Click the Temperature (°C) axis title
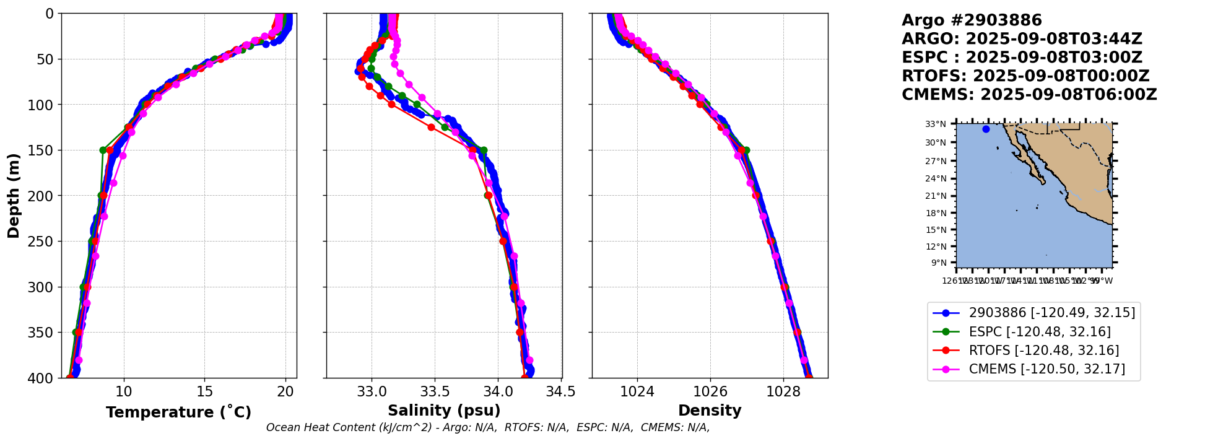click(x=178, y=412)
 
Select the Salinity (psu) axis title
click(x=444, y=411)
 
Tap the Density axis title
click(x=710, y=411)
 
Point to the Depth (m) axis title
click(x=14, y=195)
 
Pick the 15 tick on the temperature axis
click(x=204, y=391)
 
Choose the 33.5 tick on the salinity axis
click(x=435, y=391)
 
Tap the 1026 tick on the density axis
click(x=710, y=391)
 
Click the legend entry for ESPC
click(x=1040, y=331)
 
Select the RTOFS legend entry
click(x=1043, y=351)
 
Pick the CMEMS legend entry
click(x=1046, y=369)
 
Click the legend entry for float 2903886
click(x=1051, y=313)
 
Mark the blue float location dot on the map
click(x=986, y=129)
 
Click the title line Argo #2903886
click(x=972, y=20)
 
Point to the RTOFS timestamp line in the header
click(x=1025, y=76)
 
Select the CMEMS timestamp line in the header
click(x=1029, y=95)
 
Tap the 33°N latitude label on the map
click(x=936, y=124)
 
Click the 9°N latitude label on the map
click(x=938, y=263)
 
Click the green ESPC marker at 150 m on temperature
click(x=103, y=150)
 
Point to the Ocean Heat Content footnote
click(x=488, y=427)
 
